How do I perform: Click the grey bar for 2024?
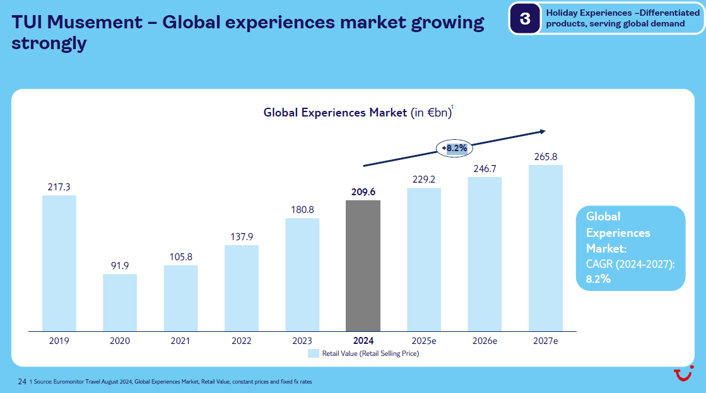click(x=363, y=266)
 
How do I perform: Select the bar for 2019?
click(x=59, y=263)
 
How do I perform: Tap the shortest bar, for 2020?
click(x=120, y=302)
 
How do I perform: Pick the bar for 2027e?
click(x=546, y=248)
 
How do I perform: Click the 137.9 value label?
click(x=242, y=237)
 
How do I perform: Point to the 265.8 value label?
click(x=546, y=157)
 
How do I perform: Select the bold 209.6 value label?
click(x=363, y=192)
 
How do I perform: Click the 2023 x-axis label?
click(x=302, y=341)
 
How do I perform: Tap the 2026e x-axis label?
click(x=485, y=341)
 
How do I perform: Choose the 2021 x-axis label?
click(x=180, y=341)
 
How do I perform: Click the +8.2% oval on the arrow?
click(x=454, y=149)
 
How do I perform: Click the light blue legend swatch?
click(x=314, y=353)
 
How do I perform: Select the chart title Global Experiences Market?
click(x=335, y=113)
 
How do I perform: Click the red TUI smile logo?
click(x=682, y=375)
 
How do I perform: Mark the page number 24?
click(x=22, y=382)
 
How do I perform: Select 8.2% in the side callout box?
click(x=598, y=279)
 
